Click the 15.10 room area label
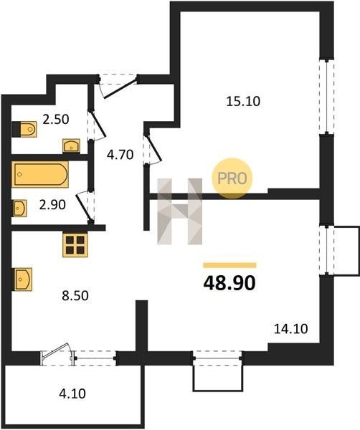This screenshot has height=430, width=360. coord(243,101)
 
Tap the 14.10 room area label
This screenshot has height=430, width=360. coord(291,328)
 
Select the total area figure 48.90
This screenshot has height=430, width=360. coord(229,283)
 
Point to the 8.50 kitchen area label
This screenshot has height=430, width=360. coord(75,295)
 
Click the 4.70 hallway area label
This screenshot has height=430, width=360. coord(120,155)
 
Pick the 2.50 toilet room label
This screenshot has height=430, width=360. coord(56,120)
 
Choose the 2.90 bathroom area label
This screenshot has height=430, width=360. coord(52,204)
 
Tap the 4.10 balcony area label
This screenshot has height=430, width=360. coord(72,393)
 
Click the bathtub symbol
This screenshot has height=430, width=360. coord(40,174)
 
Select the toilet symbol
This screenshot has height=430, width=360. coord(24,129)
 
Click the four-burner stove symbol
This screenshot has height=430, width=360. coord(75,245)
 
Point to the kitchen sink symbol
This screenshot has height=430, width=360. coord(23,279)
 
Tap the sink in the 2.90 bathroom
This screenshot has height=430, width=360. coord(20,209)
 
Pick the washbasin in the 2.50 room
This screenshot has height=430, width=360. coord(71,145)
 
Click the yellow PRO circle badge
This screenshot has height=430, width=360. coord(232,178)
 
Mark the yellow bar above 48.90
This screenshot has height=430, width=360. coord(229,265)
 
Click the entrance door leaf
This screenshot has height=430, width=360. coord(120,87)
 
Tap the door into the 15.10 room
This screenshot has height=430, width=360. coord(153,148)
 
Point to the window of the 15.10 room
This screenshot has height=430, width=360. coord(327,97)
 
